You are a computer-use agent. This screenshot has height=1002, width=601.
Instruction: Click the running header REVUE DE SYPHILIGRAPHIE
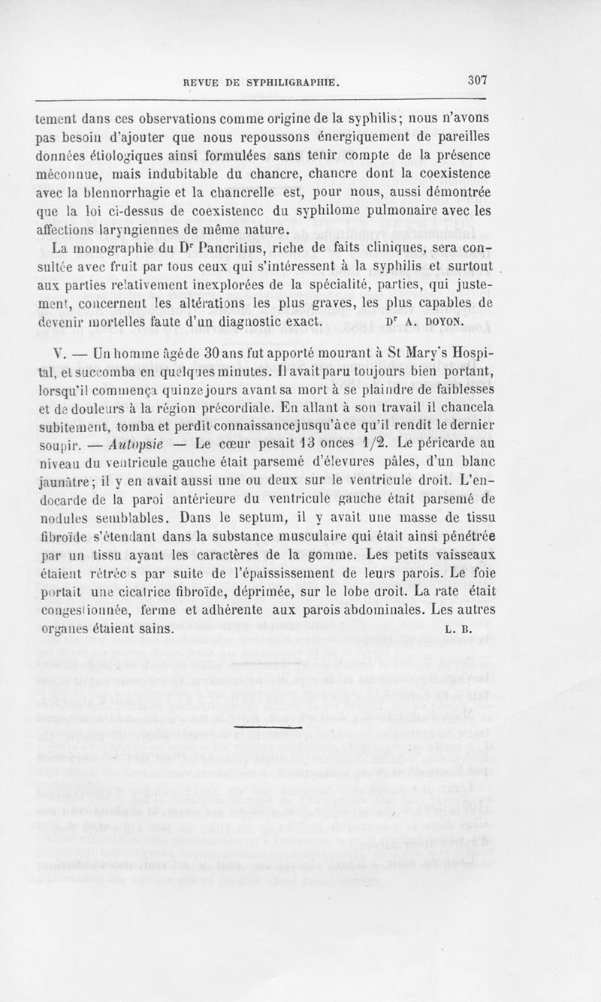[x=262, y=82]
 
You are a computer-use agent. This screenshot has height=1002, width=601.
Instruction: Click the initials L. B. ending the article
[x=458, y=629]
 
